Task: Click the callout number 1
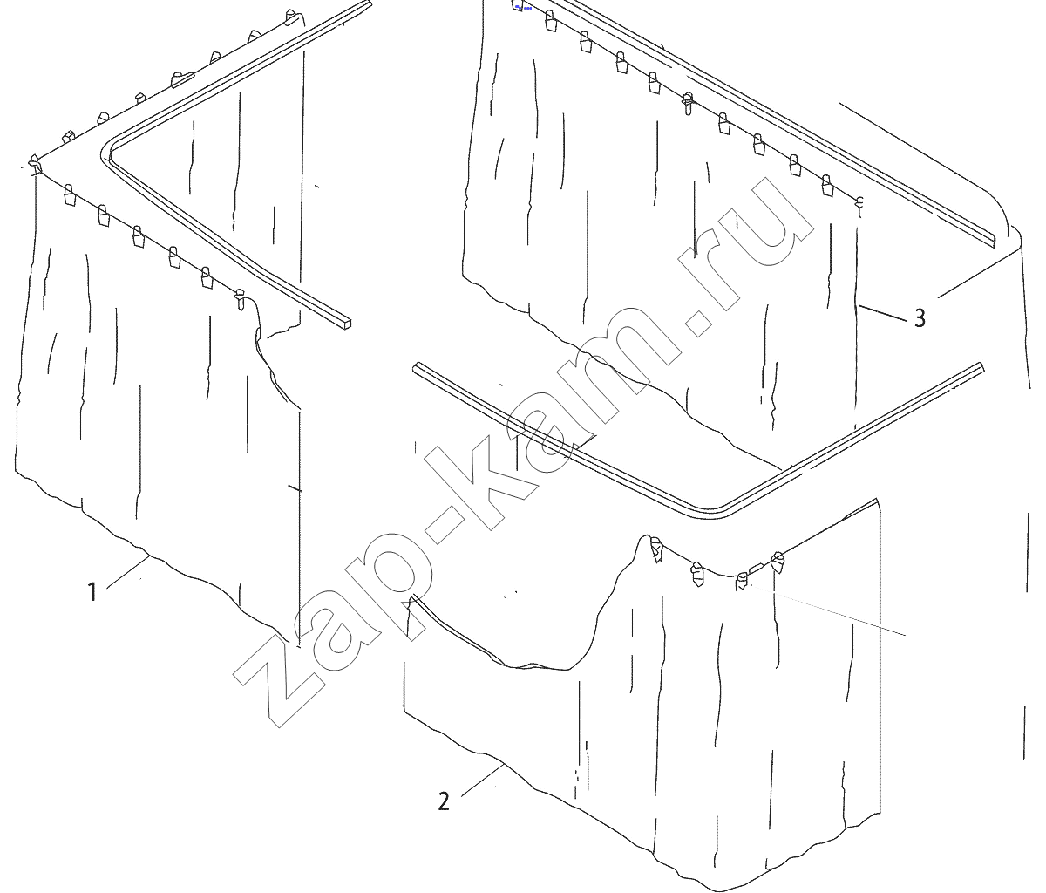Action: coord(92,592)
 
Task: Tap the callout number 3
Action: coord(920,318)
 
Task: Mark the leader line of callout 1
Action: coord(127,572)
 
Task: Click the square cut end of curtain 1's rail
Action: coord(346,324)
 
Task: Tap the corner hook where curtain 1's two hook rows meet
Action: coord(34,165)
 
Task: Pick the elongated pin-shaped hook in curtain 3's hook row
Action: coord(688,104)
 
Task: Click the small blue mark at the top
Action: coord(520,7)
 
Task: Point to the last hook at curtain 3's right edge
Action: coord(859,204)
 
